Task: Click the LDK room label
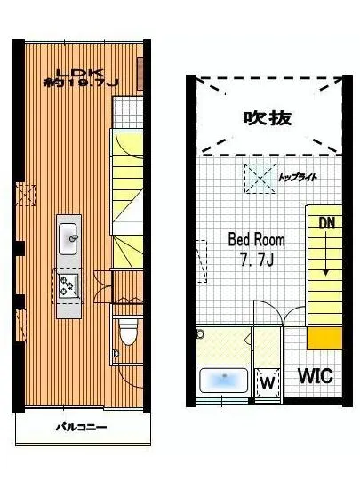pos(80,73)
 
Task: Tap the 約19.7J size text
pos(81,83)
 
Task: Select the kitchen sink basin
pos(68,238)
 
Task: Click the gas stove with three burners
pos(68,285)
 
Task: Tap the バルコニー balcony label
pos(82,427)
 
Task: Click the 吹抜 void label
pos(268,118)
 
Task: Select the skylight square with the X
pos(260,179)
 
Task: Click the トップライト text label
pos(298,178)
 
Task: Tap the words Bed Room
pos(257,240)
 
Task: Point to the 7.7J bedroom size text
pos(257,259)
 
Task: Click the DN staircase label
pos(326,223)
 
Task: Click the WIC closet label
pos(316,376)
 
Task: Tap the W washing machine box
pos(268,382)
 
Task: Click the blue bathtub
pos(223,381)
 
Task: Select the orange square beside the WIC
pos(324,338)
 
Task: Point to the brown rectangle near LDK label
pos(140,74)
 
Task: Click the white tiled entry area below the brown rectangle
pos(128,112)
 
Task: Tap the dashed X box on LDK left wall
pos(26,196)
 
